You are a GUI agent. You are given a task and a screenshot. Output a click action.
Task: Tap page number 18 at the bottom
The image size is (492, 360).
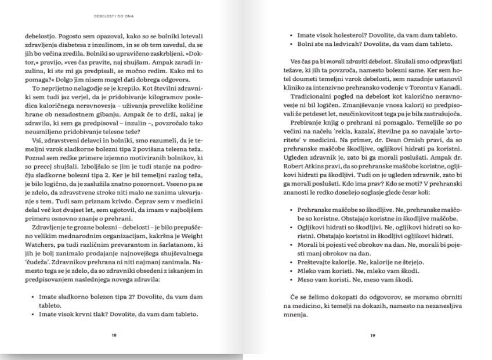[x=114, y=335]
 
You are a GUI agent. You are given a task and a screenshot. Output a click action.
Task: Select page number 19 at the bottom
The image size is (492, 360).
[x=373, y=335]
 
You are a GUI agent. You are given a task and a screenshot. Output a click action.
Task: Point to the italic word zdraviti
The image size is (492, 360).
[x=353, y=61]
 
